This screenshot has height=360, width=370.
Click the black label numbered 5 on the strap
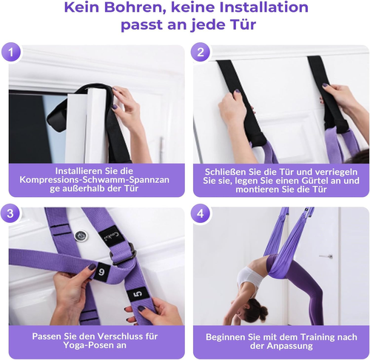[x=137, y=295]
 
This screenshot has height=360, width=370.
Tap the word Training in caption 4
[x=306, y=336]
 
